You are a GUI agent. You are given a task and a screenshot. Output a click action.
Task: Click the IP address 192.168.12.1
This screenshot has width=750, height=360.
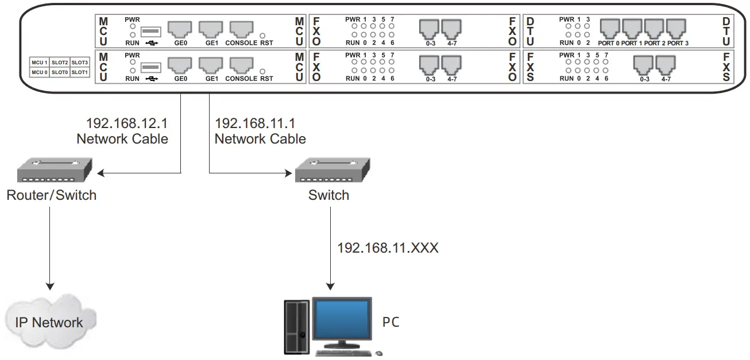click(126, 123)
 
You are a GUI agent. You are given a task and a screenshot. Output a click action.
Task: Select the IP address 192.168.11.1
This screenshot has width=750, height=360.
click(255, 123)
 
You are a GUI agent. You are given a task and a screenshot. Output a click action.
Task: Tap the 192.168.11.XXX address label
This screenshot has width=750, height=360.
click(388, 248)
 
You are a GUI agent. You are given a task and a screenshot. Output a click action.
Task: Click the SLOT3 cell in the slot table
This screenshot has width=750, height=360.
click(80, 62)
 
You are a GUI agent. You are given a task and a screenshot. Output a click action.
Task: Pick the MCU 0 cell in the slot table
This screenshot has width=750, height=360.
click(39, 72)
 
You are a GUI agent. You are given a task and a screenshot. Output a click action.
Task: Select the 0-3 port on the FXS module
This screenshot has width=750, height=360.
click(644, 65)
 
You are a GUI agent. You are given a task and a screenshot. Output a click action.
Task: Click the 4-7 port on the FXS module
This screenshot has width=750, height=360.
click(666, 65)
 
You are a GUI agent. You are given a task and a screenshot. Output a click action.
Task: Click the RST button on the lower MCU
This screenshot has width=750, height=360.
click(262, 71)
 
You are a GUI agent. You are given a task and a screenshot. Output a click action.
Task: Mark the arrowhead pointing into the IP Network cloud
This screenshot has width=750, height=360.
click(50, 285)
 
